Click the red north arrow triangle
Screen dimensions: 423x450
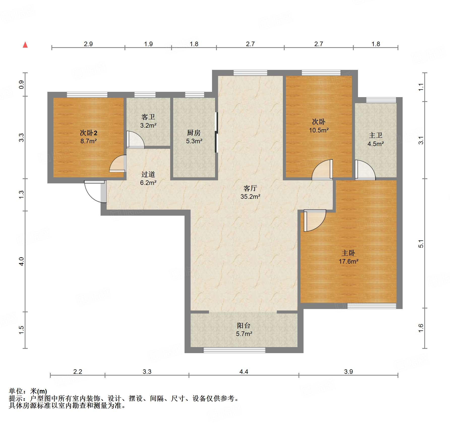25,45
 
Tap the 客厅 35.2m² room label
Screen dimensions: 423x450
250,192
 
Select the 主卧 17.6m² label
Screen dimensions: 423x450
348,257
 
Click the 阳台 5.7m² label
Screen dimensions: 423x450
244,329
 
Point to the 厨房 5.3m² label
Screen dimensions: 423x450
194,137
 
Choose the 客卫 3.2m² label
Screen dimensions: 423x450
148,121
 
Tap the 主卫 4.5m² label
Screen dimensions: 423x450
376,139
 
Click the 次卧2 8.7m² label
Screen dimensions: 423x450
88,137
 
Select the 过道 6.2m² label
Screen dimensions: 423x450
148,178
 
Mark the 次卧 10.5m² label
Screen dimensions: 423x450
319,126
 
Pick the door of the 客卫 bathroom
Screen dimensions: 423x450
135,139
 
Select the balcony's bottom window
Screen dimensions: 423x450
234,350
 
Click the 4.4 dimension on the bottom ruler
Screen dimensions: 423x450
244,372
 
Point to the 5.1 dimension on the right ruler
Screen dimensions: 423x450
421,244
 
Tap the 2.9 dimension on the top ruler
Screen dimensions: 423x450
88,44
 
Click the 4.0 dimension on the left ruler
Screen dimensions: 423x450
21,261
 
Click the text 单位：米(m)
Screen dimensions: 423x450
28,391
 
